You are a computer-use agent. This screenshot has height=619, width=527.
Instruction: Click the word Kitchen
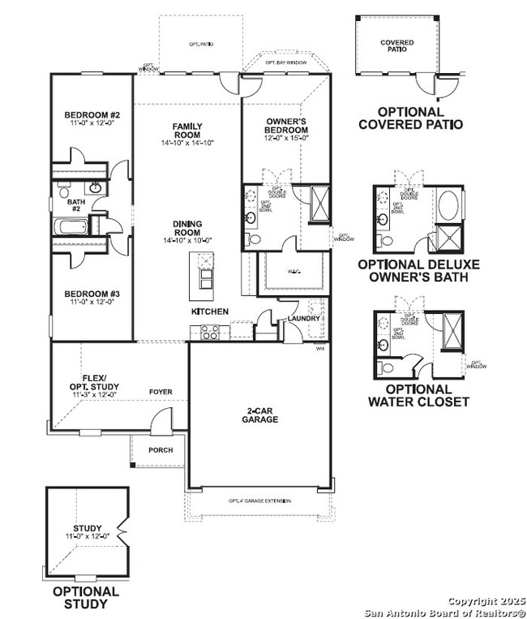(209, 312)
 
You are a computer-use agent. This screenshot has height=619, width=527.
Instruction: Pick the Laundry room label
(304, 319)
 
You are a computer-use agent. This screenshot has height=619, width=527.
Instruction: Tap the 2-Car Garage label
(259, 415)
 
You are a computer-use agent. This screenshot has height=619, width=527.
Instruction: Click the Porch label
(160, 450)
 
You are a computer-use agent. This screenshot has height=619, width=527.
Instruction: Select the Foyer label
(161, 392)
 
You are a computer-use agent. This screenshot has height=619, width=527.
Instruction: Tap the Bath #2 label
(76, 205)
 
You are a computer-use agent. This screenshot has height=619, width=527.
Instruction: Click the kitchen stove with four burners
(210, 330)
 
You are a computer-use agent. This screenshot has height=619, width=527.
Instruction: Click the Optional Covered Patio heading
(410, 118)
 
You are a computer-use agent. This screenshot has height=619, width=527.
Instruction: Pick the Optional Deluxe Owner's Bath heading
(418, 270)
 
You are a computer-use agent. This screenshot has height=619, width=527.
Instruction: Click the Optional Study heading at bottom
(86, 597)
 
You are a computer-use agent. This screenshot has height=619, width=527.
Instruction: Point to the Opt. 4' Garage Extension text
(259, 501)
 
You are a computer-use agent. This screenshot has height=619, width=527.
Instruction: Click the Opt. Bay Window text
(285, 62)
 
